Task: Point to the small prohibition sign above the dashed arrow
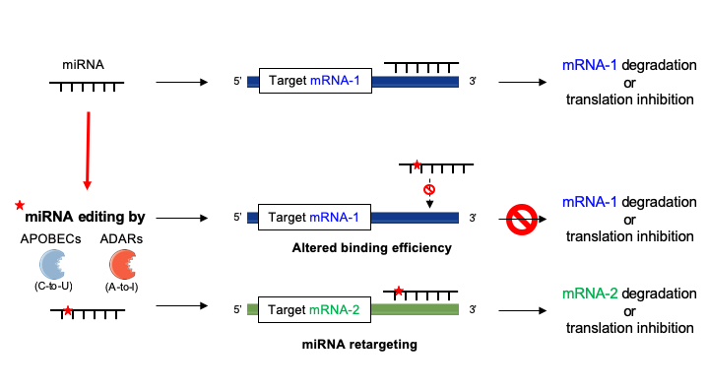pyautogui.click(x=429, y=188)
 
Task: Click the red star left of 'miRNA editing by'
pyautogui.click(x=19, y=205)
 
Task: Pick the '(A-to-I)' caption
pyautogui.click(x=123, y=287)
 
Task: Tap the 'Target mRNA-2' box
pyautogui.click(x=314, y=308)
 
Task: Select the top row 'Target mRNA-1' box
pyautogui.click(x=314, y=81)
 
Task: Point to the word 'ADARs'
pyautogui.click(x=122, y=237)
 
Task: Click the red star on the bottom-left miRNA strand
pyautogui.click(x=66, y=310)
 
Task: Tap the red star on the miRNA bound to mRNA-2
pyautogui.click(x=398, y=291)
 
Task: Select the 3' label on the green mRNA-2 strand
pyautogui.click(x=473, y=308)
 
